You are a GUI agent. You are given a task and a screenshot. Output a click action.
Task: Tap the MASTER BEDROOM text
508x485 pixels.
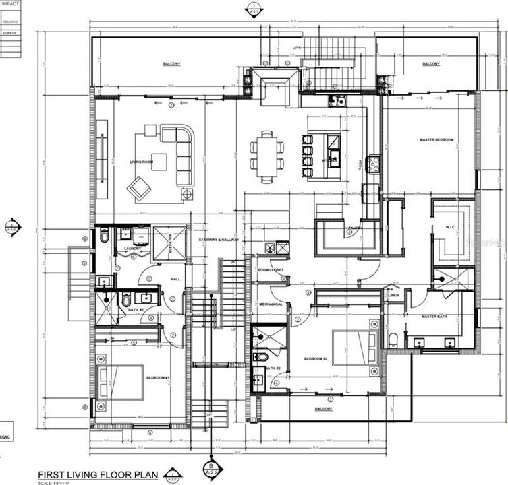pos(436,140)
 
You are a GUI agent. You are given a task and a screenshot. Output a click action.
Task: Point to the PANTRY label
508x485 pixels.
pos(356,228)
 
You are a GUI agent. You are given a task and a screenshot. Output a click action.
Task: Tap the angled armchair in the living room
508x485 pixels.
pos(141,188)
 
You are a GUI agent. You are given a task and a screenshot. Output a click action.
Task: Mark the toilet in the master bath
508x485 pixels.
pos(395,338)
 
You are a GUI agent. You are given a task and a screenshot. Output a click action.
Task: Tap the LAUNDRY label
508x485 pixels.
pos(133,249)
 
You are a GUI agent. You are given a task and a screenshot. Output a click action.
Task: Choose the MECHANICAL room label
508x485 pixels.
pos(271,304)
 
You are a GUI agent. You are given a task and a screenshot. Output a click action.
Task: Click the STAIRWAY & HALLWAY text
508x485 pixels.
pos(216,240)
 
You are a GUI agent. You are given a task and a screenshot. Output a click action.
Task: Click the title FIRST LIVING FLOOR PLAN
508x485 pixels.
pos(98,474)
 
